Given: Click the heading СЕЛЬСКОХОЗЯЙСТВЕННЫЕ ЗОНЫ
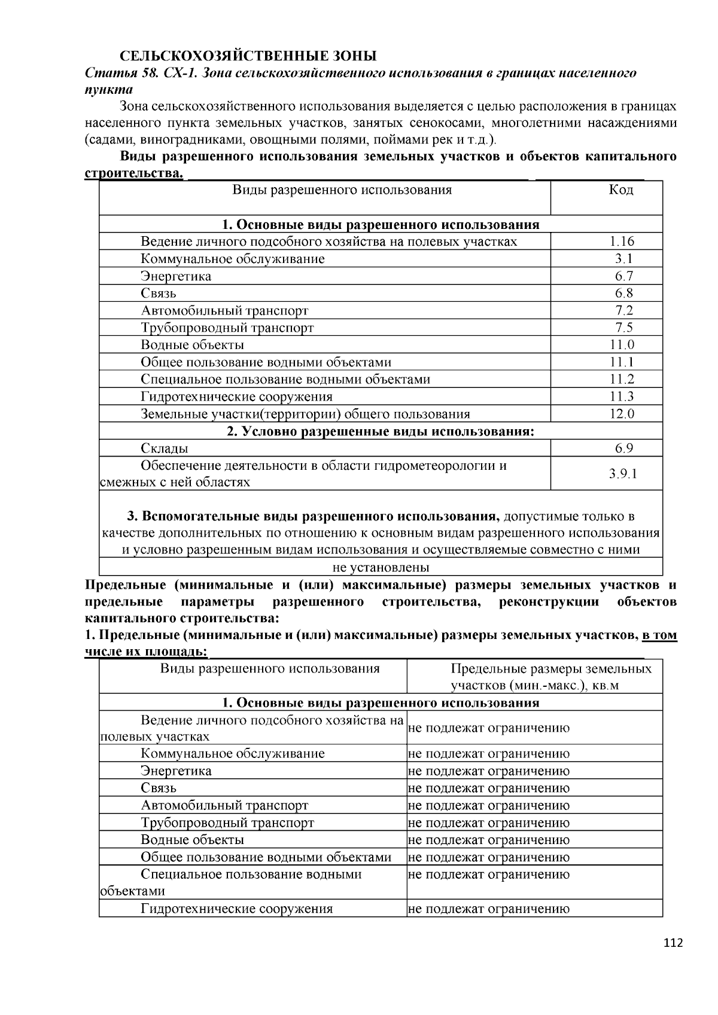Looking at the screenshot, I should click(248, 56).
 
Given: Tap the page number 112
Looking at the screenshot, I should click(673, 943).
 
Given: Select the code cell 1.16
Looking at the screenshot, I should click(622, 241).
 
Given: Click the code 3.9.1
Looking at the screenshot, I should click(623, 474).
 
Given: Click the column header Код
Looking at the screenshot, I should click(621, 190).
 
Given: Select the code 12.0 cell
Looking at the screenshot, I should click(622, 414).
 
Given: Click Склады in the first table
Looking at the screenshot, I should click(165, 448).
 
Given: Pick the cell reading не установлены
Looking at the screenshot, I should click(381, 567).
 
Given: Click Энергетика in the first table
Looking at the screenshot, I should click(176, 276).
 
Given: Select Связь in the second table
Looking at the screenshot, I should click(159, 788).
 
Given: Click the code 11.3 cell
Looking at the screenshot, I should click(622, 396).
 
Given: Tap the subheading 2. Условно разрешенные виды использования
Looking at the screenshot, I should click(381, 431).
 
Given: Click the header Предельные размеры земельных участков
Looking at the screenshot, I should click(550, 677).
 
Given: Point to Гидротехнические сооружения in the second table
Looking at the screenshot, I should click(236, 909).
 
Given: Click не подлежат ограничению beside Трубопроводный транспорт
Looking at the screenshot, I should click(488, 823).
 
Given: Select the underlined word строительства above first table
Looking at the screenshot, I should click(133, 173).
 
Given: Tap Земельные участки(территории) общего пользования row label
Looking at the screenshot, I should click(305, 414).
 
